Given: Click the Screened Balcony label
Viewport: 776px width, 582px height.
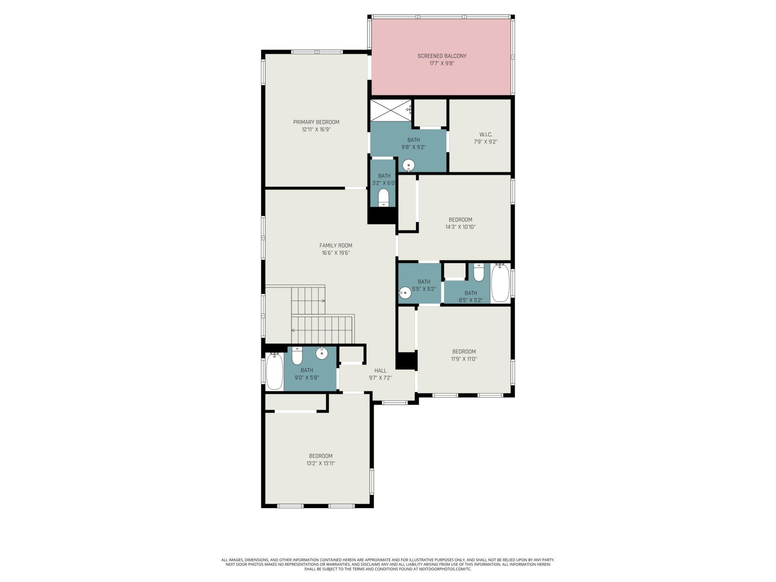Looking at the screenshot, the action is pyautogui.click(x=442, y=56).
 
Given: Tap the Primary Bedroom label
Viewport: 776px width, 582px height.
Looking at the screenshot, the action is pyautogui.click(x=316, y=122).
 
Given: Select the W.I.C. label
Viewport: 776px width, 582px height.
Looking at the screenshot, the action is pyautogui.click(x=485, y=135).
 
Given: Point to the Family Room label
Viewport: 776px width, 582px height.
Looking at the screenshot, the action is pyautogui.click(x=336, y=245).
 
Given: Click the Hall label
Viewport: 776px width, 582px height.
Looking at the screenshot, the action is pyautogui.click(x=380, y=371).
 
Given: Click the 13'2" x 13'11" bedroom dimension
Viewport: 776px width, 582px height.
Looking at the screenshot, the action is pyautogui.click(x=321, y=464).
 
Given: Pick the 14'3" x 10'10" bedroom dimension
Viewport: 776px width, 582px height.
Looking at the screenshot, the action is pyautogui.click(x=460, y=227).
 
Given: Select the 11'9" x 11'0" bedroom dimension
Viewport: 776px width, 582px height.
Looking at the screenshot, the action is pyautogui.click(x=464, y=359).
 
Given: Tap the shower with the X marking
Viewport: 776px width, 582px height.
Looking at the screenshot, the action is pyautogui.click(x=391, y=110).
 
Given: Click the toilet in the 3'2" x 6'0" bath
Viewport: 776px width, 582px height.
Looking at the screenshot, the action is pyautogui.click(x=383, y=198).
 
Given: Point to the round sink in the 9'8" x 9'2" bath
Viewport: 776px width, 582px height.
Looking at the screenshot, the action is pyautogui.click(x=409, y=165).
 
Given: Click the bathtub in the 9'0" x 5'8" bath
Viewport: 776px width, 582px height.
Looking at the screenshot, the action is pyautogui.click(x=274, y=371).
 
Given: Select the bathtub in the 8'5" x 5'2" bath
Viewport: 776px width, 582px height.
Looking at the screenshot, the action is pyautogui.click(x=500, y=283).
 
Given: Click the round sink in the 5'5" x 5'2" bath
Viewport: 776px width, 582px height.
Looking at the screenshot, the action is pyautogui.click(x=405, y=293).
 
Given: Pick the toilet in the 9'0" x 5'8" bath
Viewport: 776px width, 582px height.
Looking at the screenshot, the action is pyautogui.click(x=297, y=356).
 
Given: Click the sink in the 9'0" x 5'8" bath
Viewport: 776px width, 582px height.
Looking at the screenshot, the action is pyautogui.click(x=322, y=353).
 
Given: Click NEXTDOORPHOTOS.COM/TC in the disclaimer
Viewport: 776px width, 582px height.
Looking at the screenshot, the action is pyautogui.click(x=450, y=569).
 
